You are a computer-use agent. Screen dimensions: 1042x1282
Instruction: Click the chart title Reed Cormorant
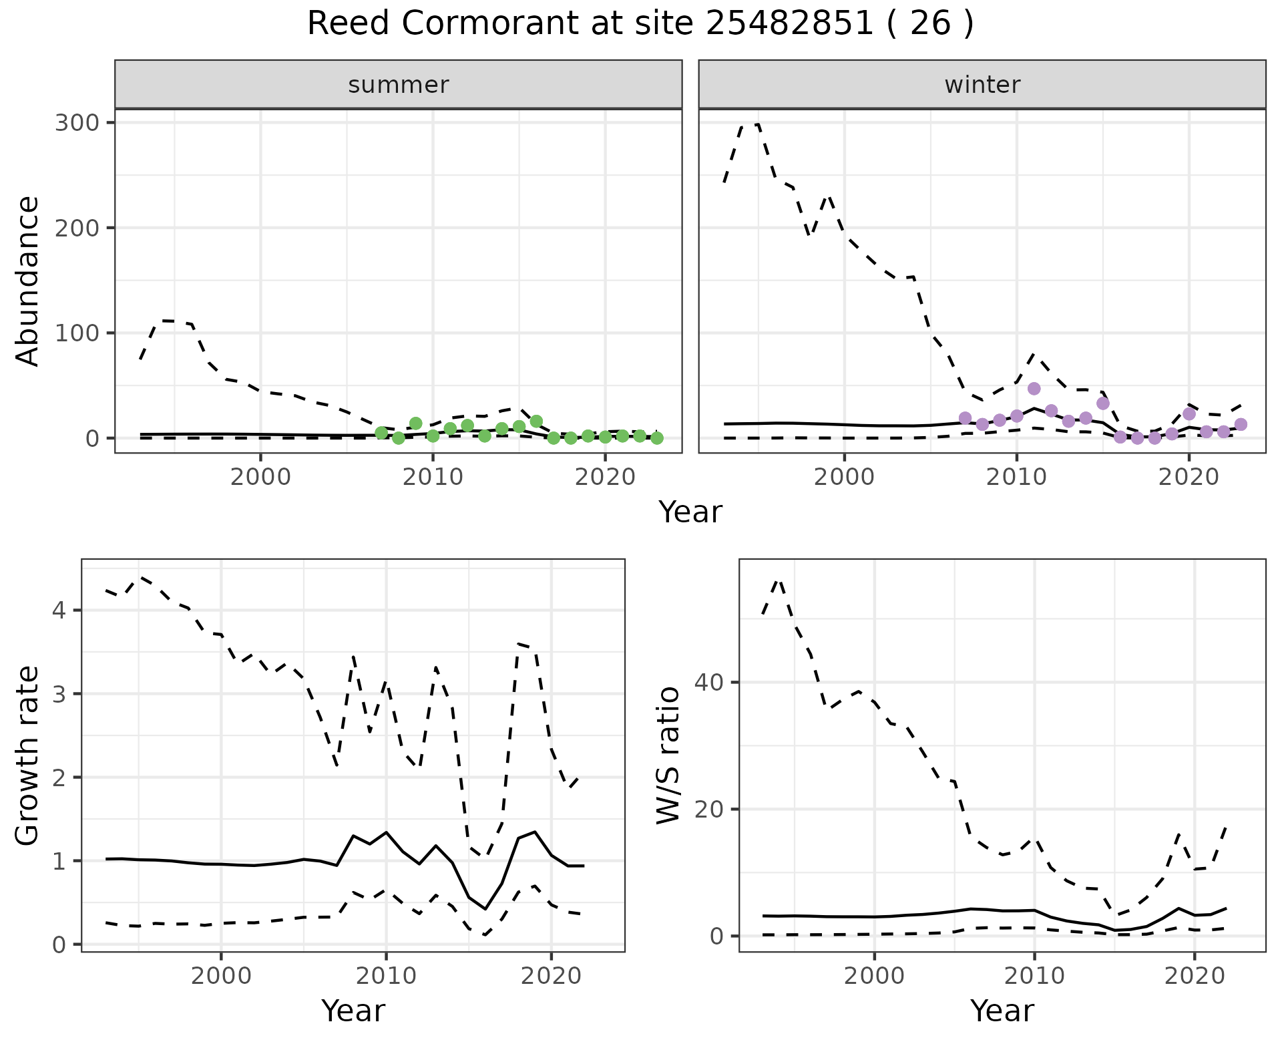coord(640,24)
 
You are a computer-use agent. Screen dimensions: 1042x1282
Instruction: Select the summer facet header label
coord(398,85)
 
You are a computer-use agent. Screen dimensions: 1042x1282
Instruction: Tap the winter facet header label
coord(982,85)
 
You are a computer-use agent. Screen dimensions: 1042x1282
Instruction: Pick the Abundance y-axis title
coord(28,281)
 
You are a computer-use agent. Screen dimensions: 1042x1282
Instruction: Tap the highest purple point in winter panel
coord(1034,389)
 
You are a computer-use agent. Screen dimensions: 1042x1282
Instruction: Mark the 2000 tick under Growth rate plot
coord(221,976)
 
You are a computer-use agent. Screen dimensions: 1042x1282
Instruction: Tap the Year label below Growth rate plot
coord(353,1011)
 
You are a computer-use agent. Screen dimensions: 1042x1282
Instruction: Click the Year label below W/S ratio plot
coord(1002,1011)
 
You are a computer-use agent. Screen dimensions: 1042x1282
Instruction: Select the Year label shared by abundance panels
coord(690,512)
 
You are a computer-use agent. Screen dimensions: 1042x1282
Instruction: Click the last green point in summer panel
coord(657,438)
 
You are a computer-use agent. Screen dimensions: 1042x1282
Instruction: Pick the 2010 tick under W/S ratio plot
coord(1034,976)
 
